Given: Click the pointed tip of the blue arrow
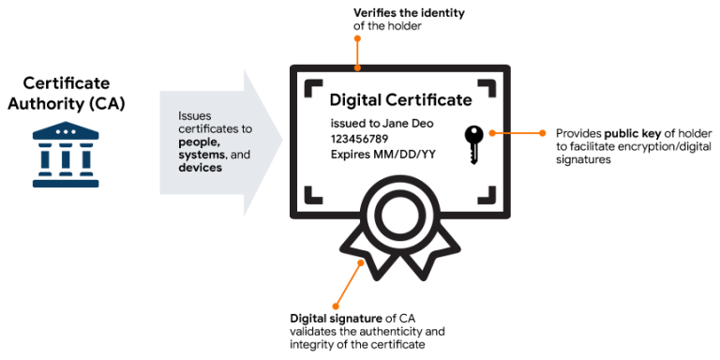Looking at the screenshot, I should tap(280, 142).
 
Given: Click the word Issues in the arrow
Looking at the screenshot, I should tap(195, 116).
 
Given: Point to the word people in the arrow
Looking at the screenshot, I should tap(199, 142).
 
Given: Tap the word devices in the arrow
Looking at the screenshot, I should tap(200, 168).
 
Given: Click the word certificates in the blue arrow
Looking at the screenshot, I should tap(209, 129).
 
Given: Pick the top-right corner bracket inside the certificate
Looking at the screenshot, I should tap(487, 86).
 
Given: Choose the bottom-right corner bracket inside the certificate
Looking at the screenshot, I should tap(487, 196).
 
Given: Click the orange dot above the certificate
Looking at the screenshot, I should tap(357, 38).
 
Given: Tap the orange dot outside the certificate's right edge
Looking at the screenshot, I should tap(543, 133).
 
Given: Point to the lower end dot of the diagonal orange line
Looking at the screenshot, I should tap(336, 307).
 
